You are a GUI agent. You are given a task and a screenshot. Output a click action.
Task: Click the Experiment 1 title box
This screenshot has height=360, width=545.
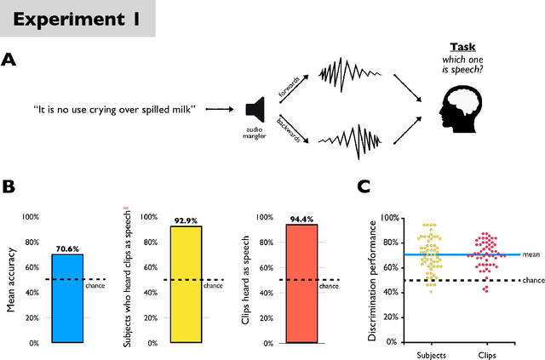[77, 18]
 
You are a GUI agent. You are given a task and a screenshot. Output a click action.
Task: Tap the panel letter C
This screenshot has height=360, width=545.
[363, 186]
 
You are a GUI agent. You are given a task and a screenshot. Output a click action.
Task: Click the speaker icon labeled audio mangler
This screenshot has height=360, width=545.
[253, 109]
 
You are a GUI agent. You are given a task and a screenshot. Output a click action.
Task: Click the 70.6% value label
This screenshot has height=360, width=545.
[67, 249]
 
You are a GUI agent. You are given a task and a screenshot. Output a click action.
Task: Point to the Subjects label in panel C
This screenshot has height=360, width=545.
[429, 352]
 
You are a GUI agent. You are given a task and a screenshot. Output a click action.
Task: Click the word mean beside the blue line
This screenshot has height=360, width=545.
[531, 254]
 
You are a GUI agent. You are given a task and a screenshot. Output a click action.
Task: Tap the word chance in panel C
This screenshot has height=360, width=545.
[532, 280]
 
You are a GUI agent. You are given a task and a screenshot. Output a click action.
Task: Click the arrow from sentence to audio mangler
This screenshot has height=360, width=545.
[220, 109]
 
